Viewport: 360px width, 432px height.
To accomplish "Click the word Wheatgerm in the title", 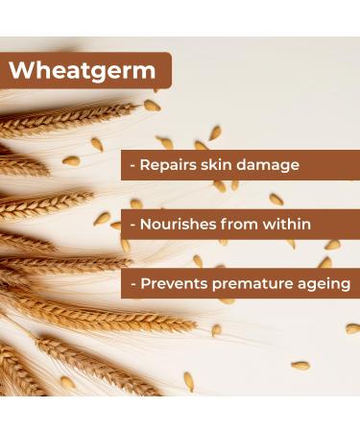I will (x=83, y=71).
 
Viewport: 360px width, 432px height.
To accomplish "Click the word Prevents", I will (x=174, y=284).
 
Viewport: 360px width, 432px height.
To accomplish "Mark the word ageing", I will (x=322, y=284).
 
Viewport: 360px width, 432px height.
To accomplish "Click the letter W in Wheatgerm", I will (x=23, y=71).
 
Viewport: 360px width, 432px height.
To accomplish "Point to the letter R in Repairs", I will (x=145, y=165).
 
